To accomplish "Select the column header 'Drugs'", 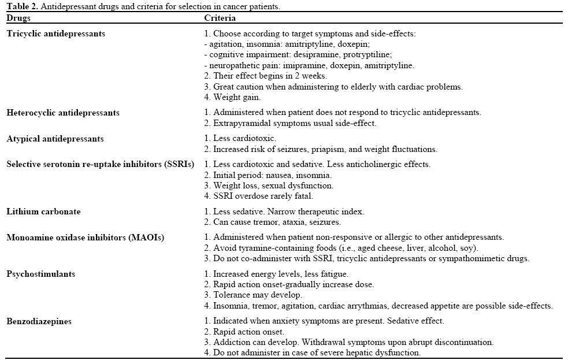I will (x=18, y=18).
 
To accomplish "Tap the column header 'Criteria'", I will (x=220, y=18).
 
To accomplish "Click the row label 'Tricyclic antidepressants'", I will (x=56, y=34).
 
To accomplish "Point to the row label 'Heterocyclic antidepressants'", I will (x=63, y=113).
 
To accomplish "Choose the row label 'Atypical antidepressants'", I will (x=55, y=139).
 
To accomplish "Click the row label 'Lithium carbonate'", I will (x=43, y=211).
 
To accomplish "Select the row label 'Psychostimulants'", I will (x=41, y=274).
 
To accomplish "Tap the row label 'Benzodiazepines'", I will (x=39, y=321).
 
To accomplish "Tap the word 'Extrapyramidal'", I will (x=240, y=123).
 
